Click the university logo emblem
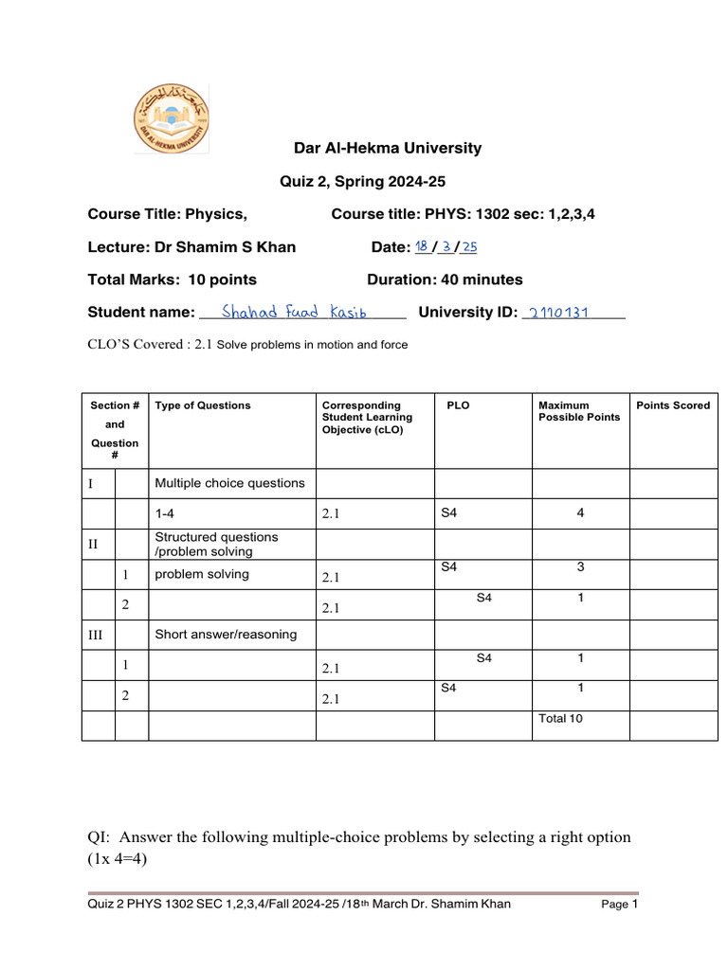coord(171,117)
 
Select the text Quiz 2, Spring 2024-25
coord(361,181)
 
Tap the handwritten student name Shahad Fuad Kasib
coord(294,312)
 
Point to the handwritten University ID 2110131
coord(558,313)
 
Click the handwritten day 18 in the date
coord(422,246)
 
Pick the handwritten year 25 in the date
coord(468,247)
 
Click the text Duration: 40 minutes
coord(445,279)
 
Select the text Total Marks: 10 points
coord(172,279)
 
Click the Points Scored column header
coord(672,405)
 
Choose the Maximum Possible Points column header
coord(579,411)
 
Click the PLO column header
coord(458,405)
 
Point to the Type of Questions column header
coord(203,405)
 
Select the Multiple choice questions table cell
coord(229,483)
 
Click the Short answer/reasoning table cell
coord(226,634)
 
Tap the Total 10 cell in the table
coord(560,719)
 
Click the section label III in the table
coord(95,636)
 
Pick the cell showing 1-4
coord(165,513)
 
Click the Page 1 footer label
coord(620,905)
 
